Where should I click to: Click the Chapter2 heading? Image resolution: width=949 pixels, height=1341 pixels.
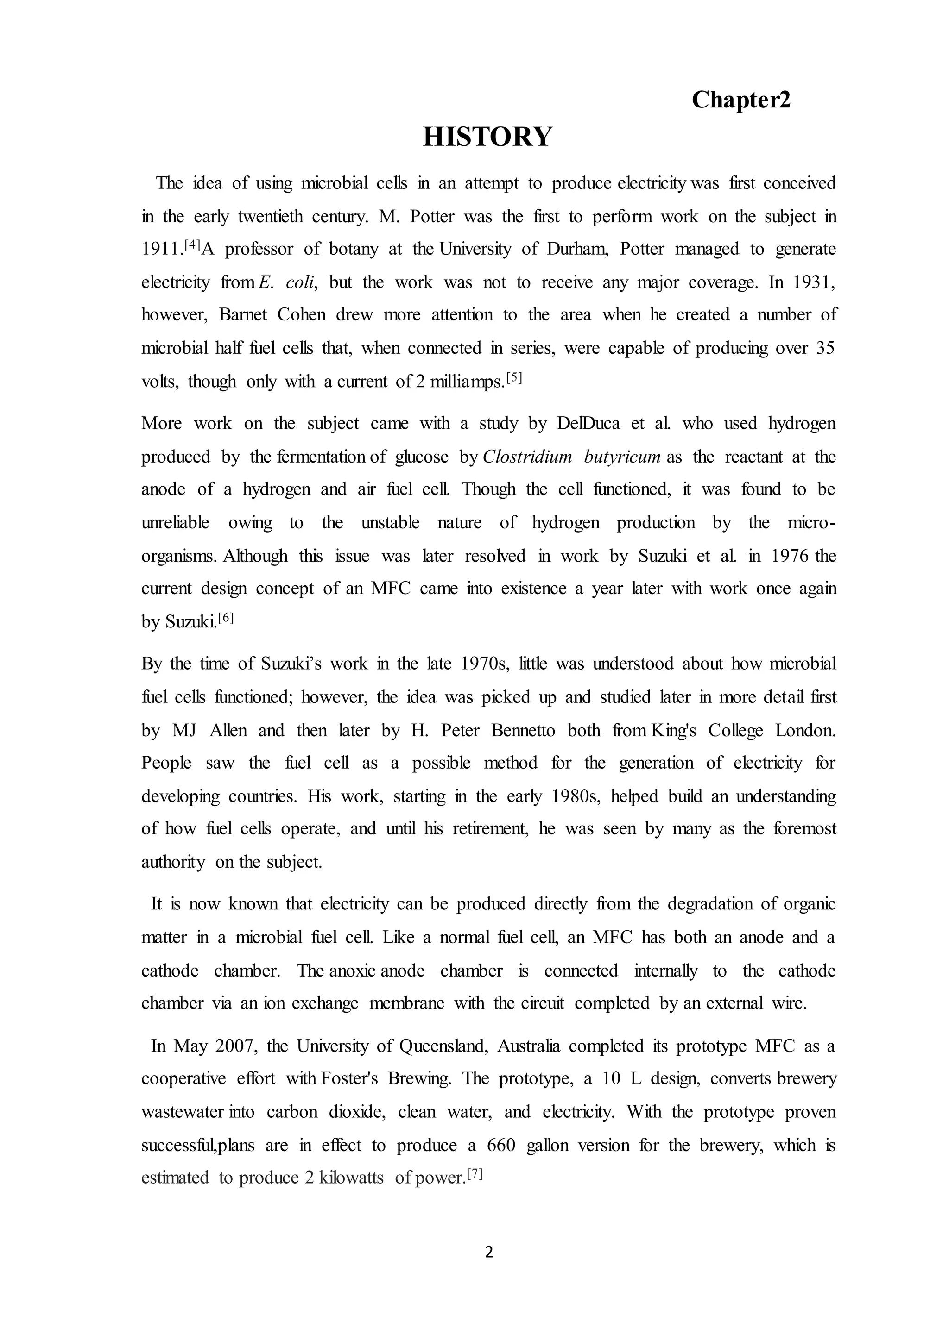click(x=740, y=100)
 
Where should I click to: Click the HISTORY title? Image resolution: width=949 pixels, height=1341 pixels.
click(x=487, y=137)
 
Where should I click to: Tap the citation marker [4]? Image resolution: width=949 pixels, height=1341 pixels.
click(x=192, y=245)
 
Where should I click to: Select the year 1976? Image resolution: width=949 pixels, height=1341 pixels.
click(x=791, y=556)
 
